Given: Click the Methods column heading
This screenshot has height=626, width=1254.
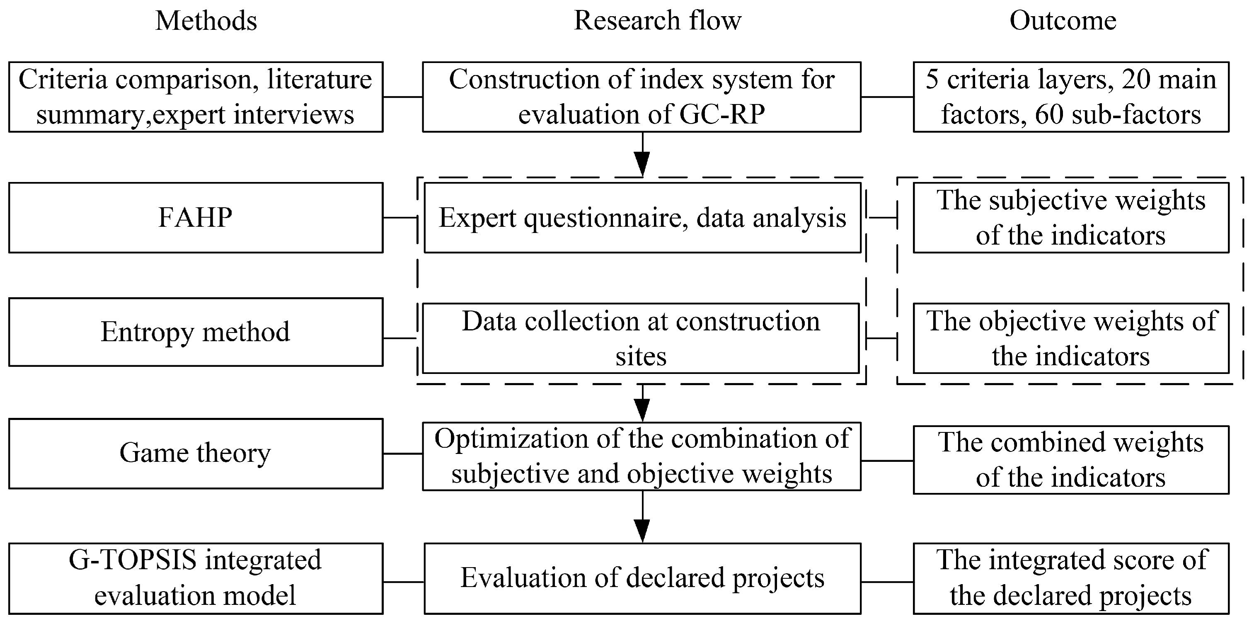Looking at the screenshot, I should [206, 22].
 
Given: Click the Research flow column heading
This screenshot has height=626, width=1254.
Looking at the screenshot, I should [657, 22].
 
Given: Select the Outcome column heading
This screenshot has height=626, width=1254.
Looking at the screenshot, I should [1063, 22].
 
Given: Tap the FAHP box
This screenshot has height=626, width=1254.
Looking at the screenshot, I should [195, 217].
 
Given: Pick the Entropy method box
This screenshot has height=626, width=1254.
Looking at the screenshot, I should [195, 332].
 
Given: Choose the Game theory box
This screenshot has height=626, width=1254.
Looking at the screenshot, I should [195, 453].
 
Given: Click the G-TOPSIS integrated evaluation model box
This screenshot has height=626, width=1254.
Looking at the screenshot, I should [195, 578].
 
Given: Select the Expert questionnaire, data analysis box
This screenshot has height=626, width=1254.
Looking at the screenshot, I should [642, 218].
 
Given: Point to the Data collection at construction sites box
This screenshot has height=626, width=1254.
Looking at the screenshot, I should [640, 338].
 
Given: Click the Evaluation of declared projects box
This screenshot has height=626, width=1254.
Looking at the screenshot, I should [642, 578].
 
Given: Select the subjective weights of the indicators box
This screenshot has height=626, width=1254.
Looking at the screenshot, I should [1070, 218].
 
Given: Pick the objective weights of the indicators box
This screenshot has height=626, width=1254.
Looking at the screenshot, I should [1070, 338].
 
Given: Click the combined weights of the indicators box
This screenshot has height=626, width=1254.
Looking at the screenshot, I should [1070, 460].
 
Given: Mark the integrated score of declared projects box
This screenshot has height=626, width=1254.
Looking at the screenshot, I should [1070, 578].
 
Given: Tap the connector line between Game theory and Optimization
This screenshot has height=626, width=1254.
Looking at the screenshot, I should [402, 454].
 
